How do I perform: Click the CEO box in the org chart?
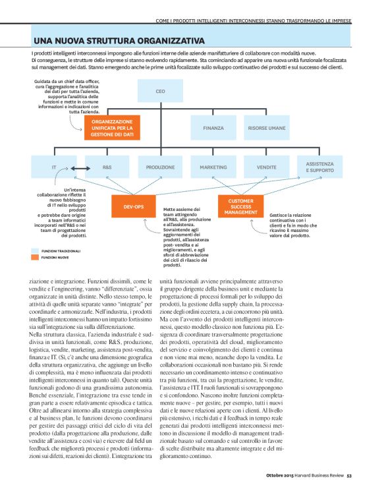[x=160, y=92]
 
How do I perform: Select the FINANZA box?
[x=213, y=127]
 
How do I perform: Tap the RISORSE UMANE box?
[x=266, y=127]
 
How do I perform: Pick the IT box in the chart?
[x=54, y=167]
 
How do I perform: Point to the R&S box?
[x=107, y=167]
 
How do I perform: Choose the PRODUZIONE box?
[x=160, y=167]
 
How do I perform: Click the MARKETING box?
[x=213, y=167]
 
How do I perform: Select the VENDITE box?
[x=266, y=167]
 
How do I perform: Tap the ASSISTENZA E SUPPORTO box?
[x=319, y=167]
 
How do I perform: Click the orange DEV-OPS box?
[x=134, y=206]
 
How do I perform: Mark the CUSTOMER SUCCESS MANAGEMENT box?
[x=240, y=206]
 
